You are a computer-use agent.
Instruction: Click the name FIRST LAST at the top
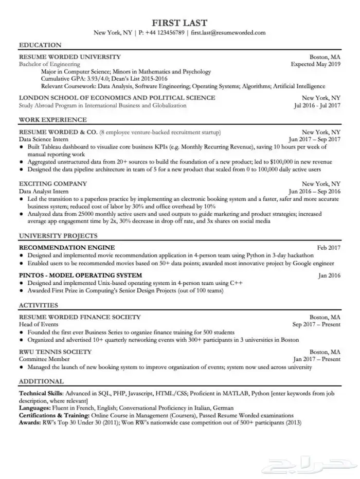[x=179, y=23]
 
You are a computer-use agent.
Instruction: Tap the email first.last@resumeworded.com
[x=228, y=33]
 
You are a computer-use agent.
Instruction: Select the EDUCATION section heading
[x=40, y=45]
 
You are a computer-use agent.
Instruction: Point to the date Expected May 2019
[x=315, y=64]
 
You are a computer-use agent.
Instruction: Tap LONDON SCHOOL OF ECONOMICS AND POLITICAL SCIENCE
[x=117, y=98]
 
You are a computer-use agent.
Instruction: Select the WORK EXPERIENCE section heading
[x=52, y=120]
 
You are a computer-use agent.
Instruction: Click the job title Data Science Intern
[x=44, y=139]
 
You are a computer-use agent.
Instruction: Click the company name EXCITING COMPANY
[x=52, y=183]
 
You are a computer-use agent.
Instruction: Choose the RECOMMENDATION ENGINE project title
[x=66, y=247]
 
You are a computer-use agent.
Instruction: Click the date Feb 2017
[x=329, y=247]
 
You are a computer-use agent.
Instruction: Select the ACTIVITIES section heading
[x=38, y=305]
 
